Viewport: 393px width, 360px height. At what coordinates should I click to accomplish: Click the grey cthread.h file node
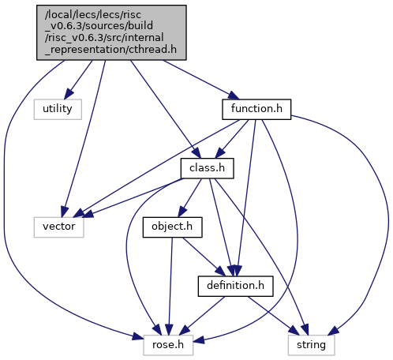pos(111,32)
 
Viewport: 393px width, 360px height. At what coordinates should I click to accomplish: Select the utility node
pos(58,109)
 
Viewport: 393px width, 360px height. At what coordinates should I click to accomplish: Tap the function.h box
pos(256,109)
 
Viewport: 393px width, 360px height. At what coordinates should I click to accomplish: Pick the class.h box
pos(207,168)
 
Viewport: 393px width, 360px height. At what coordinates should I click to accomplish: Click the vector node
pos(59,227)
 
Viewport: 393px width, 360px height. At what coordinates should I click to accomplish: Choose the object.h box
pos(173,227)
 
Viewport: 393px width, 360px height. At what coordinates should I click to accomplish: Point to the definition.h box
pos(236,286)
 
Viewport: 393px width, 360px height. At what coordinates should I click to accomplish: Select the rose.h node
pos(168,345)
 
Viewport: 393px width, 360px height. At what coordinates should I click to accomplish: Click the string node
pos(312,345)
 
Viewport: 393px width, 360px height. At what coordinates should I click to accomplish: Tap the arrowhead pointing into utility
pos(69,95)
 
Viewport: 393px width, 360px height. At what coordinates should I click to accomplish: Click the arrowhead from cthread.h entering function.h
pos(234,96)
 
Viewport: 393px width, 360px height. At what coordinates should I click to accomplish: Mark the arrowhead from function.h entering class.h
pos(220,153)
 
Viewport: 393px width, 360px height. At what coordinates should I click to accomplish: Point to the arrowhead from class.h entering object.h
pos(182,212)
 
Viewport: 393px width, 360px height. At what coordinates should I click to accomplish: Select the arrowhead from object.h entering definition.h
pos(221,272)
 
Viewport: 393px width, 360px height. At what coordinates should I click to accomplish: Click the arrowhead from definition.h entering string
pos(294,331)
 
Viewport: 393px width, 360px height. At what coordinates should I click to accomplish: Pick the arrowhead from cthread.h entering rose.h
pos(138,337)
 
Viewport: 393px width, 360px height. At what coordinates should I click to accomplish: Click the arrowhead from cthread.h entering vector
pos(65,212)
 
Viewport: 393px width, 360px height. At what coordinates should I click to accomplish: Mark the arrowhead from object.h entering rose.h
pos(169,330)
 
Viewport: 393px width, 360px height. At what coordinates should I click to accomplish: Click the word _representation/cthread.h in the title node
pos(110,50)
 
